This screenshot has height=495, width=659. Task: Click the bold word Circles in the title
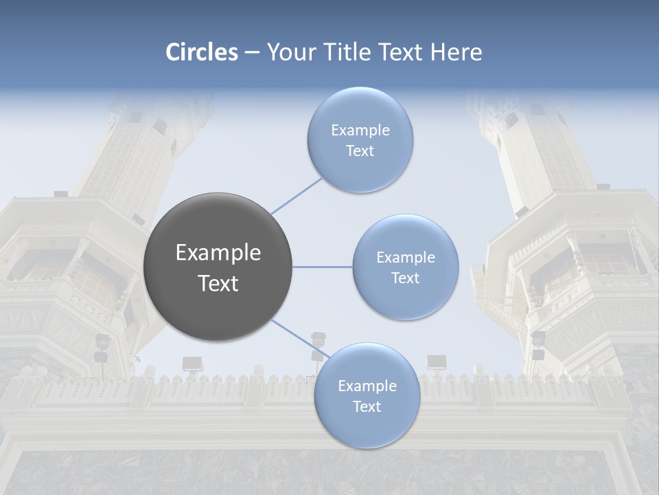pyautogui.click(x=202, y=52)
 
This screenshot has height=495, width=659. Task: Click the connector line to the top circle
pyautogui.click(x=297, y=195)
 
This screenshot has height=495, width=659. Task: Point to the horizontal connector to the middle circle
pyautogui.click(x=322, y=267)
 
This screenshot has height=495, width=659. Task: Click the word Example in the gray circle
pyautogui.click(x=218, y=253)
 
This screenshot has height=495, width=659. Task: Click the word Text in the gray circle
pyautogui.click(x=218, y=283)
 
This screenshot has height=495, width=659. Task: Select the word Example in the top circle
pyautogui.click(x=360, y=130)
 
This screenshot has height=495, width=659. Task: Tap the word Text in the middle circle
pyautogui.click(x=405, y=278)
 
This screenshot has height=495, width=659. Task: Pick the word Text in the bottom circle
pyautogui.click(x=367, y=406)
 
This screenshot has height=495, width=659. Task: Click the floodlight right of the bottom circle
pyautogui.click(x=437, y=361)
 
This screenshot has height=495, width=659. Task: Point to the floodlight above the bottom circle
pyautogui.click(x=318, y=338)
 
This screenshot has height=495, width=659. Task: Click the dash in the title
pyautogui.click(x=252, y=52)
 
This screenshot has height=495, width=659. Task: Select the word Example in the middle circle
pyautogui.click(x=405, y=257)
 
